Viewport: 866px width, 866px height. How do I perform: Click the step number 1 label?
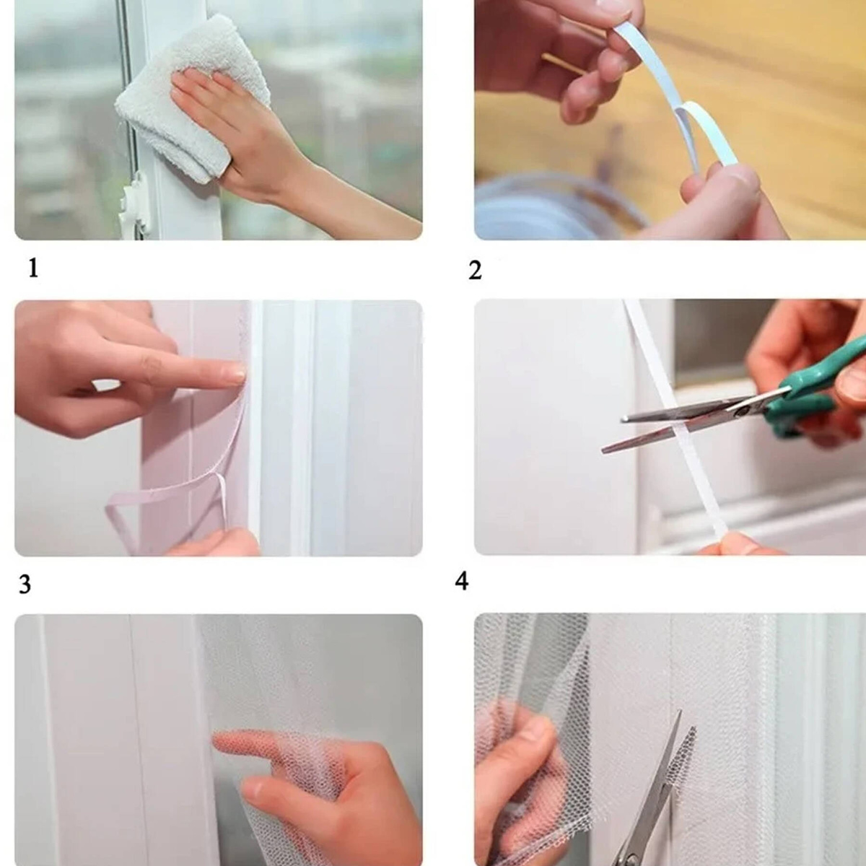(33, 268)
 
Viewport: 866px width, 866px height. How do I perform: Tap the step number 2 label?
(475, 271)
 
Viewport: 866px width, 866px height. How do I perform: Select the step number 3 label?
(25, 585)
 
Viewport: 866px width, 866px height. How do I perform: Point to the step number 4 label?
(462, 581)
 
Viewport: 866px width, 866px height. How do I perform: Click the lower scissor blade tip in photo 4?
(605, 450)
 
